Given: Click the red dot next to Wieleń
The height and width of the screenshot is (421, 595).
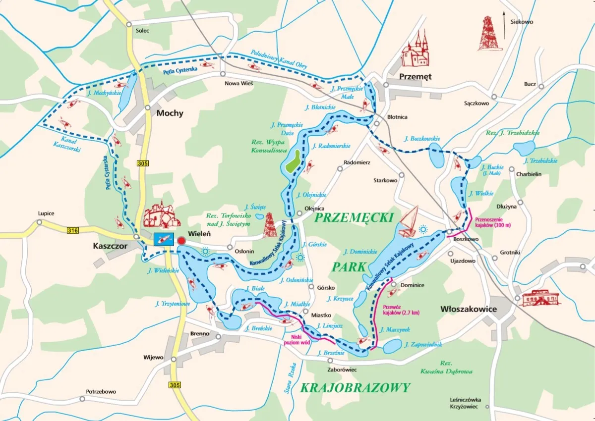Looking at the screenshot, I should point(181,241).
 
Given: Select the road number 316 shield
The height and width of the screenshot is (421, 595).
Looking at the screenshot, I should point(73,229).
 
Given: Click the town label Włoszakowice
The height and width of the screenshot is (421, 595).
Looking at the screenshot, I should point(469,309).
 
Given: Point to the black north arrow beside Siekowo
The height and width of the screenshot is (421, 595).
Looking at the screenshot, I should point(504,27).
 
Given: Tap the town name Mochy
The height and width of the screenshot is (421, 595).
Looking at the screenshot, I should point(170,113).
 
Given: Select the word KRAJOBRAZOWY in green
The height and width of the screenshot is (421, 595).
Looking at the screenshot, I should point(356,387).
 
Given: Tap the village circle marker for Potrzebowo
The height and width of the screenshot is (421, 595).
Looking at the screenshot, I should point(82,399).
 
